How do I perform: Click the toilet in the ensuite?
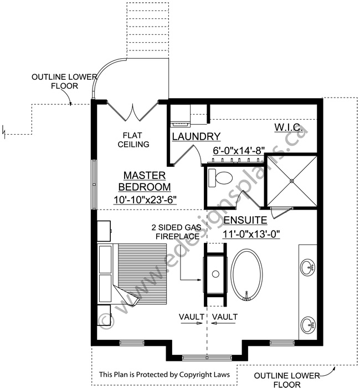[x=220, y=178]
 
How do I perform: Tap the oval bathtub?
[x=247, y=275]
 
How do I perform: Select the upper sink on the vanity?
[x=308, y=267]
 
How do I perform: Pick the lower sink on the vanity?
[x=308, y=325]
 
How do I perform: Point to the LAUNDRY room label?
[x=196, y=136]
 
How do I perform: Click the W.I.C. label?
[x=289, y=127]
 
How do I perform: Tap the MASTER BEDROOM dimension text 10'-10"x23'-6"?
[x=145, y=200]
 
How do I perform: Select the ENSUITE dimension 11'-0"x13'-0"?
[x=251, y=234]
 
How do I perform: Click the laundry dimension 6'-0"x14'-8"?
[x=239, y=150]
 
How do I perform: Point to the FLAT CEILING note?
[x=133, y=140]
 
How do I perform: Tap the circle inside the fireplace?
[x=215, y=274]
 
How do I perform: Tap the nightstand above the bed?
[x=104, y=231]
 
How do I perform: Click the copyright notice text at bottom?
[x=164, y=374]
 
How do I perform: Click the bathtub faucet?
[x=246, y=295]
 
